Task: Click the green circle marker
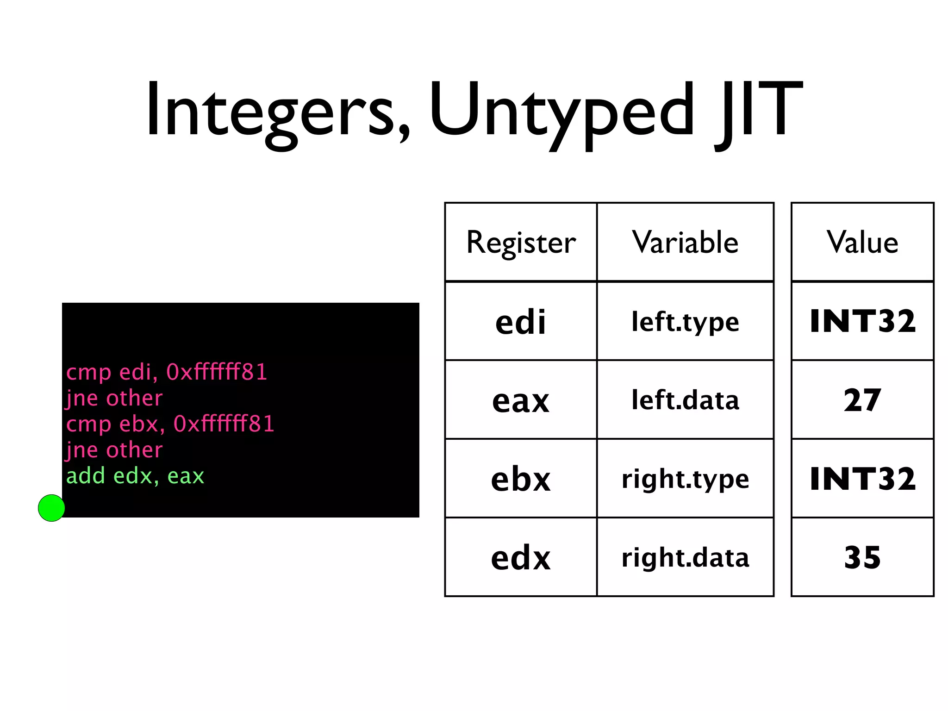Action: (x=51, y=508)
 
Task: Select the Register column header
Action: (x=521, y=243)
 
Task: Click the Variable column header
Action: (x=685, y=243)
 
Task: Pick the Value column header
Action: (x=862, y=243)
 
